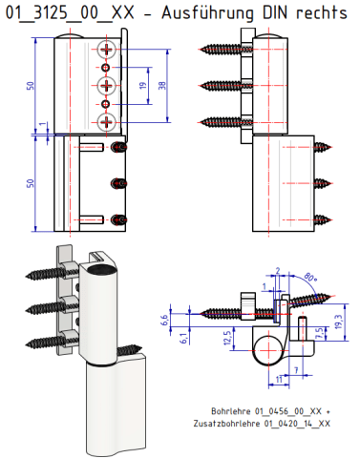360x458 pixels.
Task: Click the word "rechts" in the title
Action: coord(322,12)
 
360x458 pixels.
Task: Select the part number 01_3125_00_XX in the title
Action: coord(70,13)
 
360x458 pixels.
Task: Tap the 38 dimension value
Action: coord(162,86)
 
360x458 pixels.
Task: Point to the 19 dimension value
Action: coord(143,86)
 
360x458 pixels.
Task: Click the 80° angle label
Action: coord(310,277)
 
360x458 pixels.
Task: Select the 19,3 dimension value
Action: coord(338,322)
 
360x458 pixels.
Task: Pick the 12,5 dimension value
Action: coord(227,338)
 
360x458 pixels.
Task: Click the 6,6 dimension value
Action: coord(164,320)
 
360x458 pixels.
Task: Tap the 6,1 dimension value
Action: coord(183,339)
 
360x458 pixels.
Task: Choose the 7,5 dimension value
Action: coord(320,333)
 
